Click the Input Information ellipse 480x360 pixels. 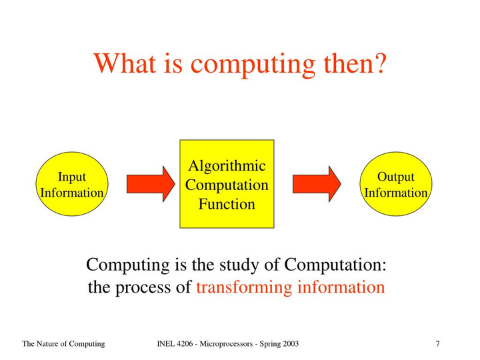pos(71,184)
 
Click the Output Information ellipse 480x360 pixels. pos(396,184)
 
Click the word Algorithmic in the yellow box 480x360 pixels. pos(227,166)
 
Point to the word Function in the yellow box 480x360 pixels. pos(227,204)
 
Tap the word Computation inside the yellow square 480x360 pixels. pos(227,185)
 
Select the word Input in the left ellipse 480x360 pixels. pos(71,177)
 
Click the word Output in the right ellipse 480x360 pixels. pos(396,177)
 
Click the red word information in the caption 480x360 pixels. pos(341,288)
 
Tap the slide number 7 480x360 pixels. pos(437,344)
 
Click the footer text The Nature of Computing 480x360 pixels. pos(63,344)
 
